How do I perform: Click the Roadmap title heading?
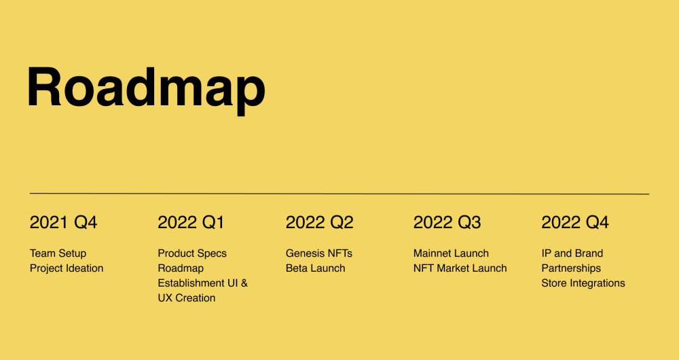pyautogui.click(x=146, y=89)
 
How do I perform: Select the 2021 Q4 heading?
pyautogui.click(x=63, y=223)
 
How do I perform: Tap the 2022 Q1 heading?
pyautogui.click(x=191, y=223)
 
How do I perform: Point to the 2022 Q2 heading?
pyautogui.click(x=320, y=223)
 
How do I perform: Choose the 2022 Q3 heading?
pyautogui.click(x=447, y=223)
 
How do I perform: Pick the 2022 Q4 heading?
pyautogui.click(x=575, y=223)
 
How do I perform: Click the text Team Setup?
pyautogui.click(x=58, y=253)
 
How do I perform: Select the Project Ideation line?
pyautogui.click(x=67, y=268)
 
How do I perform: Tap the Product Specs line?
pyautogui.click(x=192, y=253)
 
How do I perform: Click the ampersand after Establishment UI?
pyautogui.click(x=244, y=283)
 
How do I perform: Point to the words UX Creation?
pyautogui.click(x=187, y=298)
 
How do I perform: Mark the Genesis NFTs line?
pyautogui.click(x=319, y=253)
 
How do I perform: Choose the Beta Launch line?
pyautogui.click(x=316, y=268)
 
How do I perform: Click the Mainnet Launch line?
pyautogui.click(x=452, y=253)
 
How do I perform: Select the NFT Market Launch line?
pyautogui.click(x=460, y=268)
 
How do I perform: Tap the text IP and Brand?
pyautogui.click(x=572, y=253)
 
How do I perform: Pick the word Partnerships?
pyautogui.click(x=571, y=268)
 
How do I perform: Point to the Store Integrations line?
pyautogui.click(x=583, y=283)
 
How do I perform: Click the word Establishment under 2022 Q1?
pyautogui.click(x=191, y=283)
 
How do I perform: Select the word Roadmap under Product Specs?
pyautogui.click(x=181, y=268)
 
